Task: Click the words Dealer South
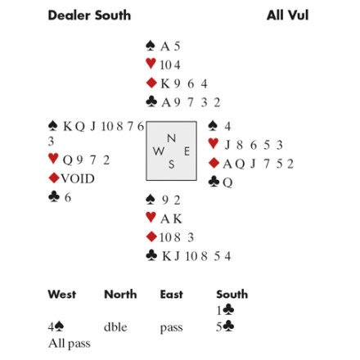tap(89, 16)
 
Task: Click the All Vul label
tap(287, 16)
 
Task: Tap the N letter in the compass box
tap(171, 138)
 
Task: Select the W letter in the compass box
tap(159, 151)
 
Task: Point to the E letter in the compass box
tap(187, 151)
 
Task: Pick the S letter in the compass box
tap(171, 164)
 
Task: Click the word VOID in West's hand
tap(78, 178)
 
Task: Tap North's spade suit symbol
tap(151, 46)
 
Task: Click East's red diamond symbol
tap(214, 163)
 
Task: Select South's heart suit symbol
tap(151, 218)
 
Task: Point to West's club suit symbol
tap(54, 196)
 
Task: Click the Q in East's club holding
tap(227, 182)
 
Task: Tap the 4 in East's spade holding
tap(227, 126)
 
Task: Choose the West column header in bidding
tap(62, 295)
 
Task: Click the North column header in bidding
tap(120, 295)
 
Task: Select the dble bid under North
tap(115, 326)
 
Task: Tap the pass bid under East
tap(171, 327)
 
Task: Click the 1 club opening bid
tap(225, 310)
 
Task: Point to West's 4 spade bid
tap(56, 326)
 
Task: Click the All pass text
tap(70, 344)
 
